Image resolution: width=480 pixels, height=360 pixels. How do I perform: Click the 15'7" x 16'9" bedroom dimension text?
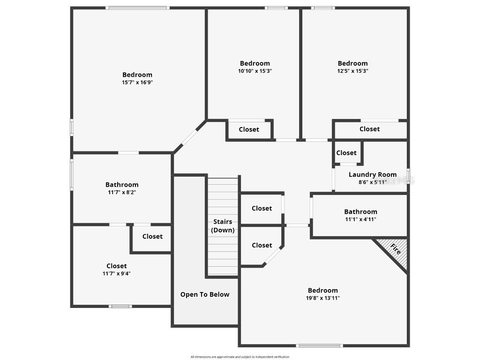click(x=137, y=82)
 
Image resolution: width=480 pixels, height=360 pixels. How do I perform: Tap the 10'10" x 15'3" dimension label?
click(x=255, y=71)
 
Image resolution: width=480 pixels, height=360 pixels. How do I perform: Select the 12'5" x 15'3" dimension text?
click(x=352, y=71)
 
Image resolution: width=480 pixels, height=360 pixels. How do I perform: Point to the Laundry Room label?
click(x=373, y=175)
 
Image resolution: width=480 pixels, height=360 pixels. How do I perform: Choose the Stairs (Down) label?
click(x=223, y=226)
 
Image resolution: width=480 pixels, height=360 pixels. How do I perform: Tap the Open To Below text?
click(x=205, y=294)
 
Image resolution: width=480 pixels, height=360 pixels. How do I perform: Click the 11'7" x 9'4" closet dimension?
click(x=116, y=273)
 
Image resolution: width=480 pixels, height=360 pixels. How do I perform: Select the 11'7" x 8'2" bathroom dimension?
click(x=122, y=192)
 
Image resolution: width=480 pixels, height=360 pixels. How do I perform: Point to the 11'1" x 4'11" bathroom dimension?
click(x=360, y=219)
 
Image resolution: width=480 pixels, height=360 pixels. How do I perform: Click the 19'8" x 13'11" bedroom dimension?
click(x=322, y=298)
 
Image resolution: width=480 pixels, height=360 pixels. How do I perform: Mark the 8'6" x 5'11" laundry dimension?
click(x=373, y=182)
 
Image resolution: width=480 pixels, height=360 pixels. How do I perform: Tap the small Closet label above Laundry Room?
click(x=346, y=153)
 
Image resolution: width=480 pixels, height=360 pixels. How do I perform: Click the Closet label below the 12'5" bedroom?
click(x=369, y=129)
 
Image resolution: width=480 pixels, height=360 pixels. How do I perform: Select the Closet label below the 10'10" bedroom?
click(x=249, y=129)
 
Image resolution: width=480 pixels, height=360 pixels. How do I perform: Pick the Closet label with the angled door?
click(x=262, y=245)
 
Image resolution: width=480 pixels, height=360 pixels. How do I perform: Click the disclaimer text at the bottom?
click(x=240, y=357)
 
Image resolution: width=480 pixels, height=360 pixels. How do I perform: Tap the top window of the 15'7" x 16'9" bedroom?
click(x=137, y=8)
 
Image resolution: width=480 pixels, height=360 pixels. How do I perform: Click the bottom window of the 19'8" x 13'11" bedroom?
click(x=319, y=346)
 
